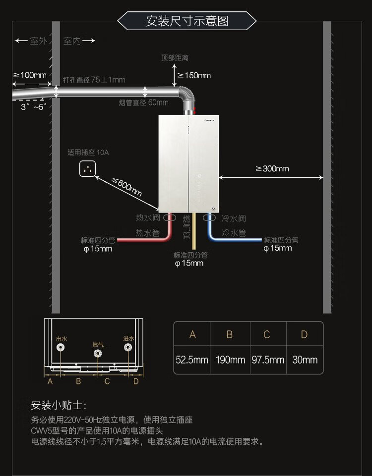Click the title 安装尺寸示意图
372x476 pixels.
[187, 21]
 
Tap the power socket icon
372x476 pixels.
[88, 169]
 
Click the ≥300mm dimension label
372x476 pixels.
[272, 169]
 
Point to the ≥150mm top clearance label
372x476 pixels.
[194, 76]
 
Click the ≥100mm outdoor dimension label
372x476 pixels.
[29, 75]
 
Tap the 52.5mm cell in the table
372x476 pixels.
[192, 360]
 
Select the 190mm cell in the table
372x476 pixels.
[230, 360]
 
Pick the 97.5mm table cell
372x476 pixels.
[267, 360]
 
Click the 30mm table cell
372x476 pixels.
[305, 360]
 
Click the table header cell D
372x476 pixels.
[305, 335]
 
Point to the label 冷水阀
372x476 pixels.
[234, 218]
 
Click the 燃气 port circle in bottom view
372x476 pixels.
[98, 354]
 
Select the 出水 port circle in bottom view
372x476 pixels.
[61, 348]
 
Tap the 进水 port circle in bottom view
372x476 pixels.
[128, 348]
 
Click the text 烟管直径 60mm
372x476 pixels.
[143, 103]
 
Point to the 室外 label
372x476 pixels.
[38, 41]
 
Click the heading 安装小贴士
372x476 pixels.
[58, 406]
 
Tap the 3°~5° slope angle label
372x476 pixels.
[34, 106]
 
